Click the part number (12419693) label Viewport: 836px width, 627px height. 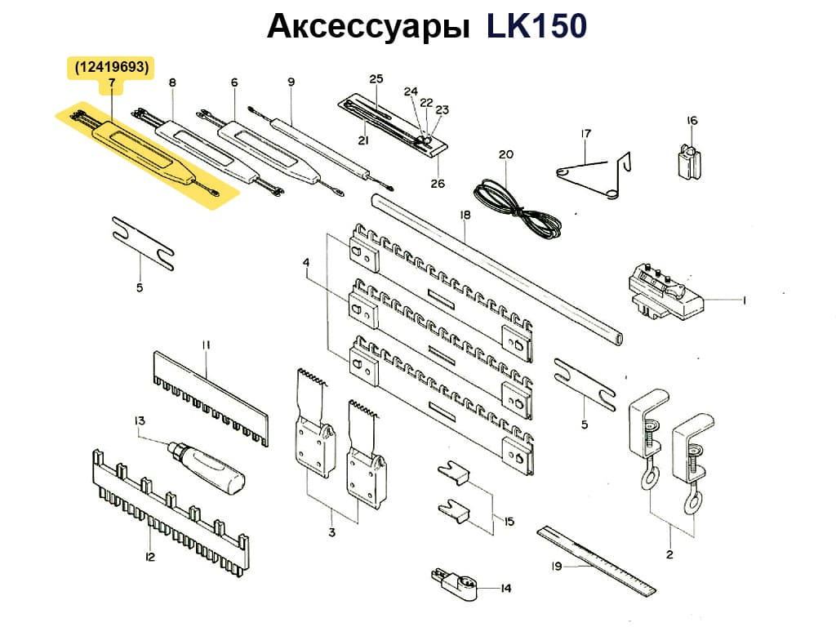(x=111, y=69)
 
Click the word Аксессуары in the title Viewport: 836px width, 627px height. (x=368, y=28)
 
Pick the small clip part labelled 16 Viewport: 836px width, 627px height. (x=690, y=159)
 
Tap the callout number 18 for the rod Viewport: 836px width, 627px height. (x=465, y=216)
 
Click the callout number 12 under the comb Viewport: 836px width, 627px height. (x=149, y=557)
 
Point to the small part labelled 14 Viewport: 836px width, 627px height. (x=452, y=581)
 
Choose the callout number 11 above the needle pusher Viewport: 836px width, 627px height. (x=206, y=345)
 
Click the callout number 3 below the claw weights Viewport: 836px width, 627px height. (x=331, y=533)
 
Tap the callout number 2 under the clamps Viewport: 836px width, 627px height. (x=669, y=555)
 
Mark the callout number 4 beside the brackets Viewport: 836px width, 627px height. (x=306, y=262)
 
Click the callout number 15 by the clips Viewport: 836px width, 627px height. (x=509, y=521)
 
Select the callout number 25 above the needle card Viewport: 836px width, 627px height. (x=376, y=79)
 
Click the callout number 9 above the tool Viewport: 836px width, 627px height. (x=291, y=82)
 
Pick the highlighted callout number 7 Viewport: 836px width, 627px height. (x=111, y=84)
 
